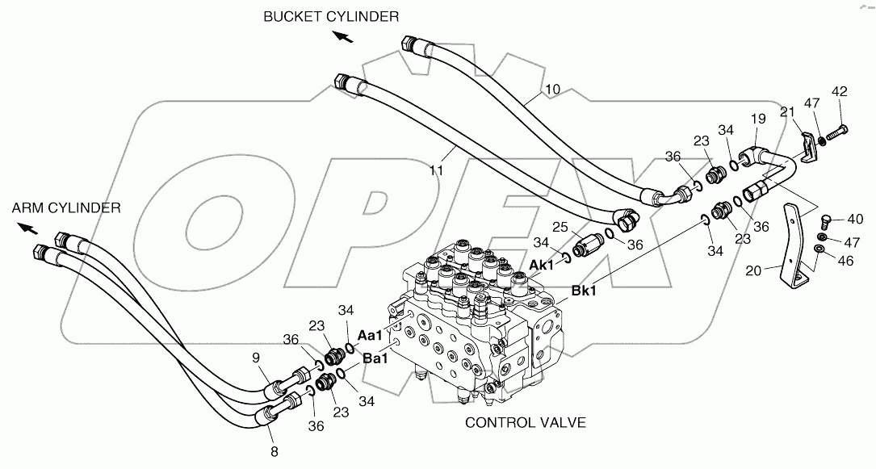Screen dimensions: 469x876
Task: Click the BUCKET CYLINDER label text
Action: pyautogui.click(x=330, y=16)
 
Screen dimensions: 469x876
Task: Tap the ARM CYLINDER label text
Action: pyautogui.click(x=66, y=207)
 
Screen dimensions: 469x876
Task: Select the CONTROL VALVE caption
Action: pyautogui.click(x=525, y=422)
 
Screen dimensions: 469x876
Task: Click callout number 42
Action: pyautogui.click(x=840, y=92)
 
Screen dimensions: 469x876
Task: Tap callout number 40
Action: pyautogui.click(x=854, y=219)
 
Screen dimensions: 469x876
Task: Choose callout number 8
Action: pyautogui.click(x=274, y=452)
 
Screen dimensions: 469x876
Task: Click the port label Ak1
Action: pyautogui.click(x=542, y=265)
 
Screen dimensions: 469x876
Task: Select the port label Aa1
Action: pyautogui.click(x=371, y=334)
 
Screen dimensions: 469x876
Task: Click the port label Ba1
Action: pyautogui.click(x=375, y=359)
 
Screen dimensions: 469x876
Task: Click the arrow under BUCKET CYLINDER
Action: pyautogui.click(x=343, y=36)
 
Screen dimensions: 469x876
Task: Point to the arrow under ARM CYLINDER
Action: pyautogui.click(x=27, y=228)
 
